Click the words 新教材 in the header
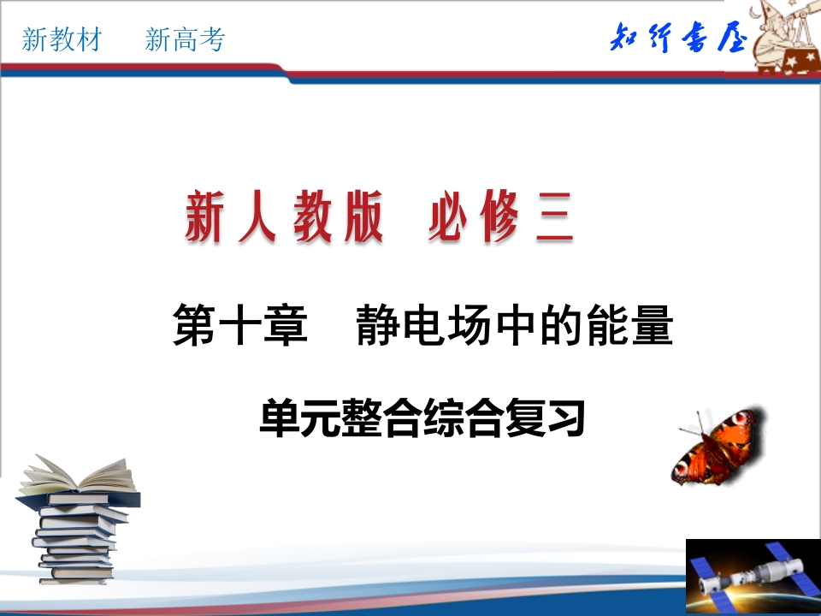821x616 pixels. [x=62, y=39]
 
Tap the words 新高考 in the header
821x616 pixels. [x=185, y=39]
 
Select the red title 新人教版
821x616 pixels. [x=283, y=219]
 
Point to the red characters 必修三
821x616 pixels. [x=499, y=219]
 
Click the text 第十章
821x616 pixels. [x=239, y=327]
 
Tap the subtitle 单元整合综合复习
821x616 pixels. [x=422, y=419]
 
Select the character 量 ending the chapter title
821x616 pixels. [x=650, y=327]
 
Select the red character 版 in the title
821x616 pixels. [x=358, y=219]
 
